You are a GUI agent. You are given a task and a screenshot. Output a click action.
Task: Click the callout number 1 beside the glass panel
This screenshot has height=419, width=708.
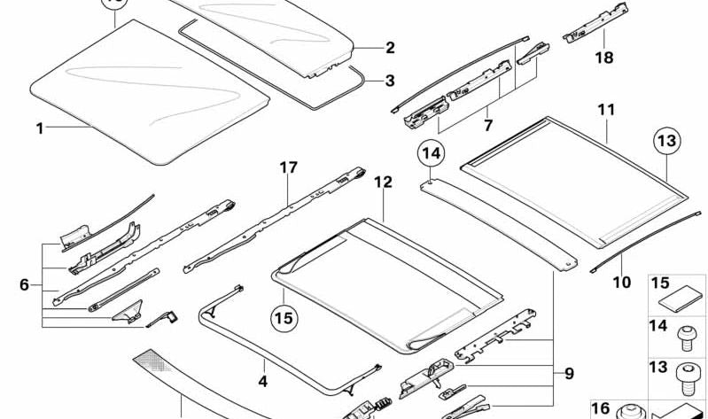(x=40, y=128)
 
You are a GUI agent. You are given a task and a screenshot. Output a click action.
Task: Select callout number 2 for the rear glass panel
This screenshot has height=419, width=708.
(x=390, y=48)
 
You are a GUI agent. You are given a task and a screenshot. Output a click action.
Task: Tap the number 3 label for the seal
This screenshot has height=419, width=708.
(x=390, y=81)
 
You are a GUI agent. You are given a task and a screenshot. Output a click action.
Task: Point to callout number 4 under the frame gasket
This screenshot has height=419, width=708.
(x=263, y=382)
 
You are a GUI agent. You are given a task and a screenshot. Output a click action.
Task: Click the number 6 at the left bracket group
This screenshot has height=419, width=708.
(x=25, y=285)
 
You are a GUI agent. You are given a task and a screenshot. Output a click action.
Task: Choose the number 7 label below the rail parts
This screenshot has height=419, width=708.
(x=488, y=125)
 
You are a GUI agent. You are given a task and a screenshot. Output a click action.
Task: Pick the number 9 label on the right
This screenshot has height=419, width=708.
(x=570, y=374)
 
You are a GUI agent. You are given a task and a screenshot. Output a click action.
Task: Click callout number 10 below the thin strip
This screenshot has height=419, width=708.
(x=622, y=283)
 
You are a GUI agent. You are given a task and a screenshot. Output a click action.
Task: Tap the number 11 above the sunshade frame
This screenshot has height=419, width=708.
(x=606, y=110)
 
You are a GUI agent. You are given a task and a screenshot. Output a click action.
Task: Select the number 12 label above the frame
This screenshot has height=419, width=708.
(x=384, y=182)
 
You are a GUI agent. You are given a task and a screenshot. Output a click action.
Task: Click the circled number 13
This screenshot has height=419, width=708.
(x=667, y=141)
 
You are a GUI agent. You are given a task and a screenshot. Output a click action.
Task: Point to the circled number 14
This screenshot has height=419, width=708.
(x=432, y=154)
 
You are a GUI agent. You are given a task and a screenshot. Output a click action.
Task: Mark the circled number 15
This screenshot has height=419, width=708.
(x=284, y=318)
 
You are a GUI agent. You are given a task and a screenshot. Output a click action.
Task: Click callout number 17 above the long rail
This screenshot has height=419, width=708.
(x=289, y=167)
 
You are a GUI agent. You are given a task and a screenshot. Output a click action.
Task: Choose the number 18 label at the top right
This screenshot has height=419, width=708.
(x=604, y=58)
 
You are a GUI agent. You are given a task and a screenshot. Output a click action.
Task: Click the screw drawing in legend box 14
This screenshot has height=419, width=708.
(x=686, y=339)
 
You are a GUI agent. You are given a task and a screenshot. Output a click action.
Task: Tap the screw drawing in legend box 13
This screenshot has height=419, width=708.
(x=686, y=379)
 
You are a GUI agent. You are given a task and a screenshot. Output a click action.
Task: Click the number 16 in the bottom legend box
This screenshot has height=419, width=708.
(x=601, y=408)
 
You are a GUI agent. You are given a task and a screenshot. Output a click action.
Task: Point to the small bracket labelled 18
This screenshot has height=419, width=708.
(x=595, y=23)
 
